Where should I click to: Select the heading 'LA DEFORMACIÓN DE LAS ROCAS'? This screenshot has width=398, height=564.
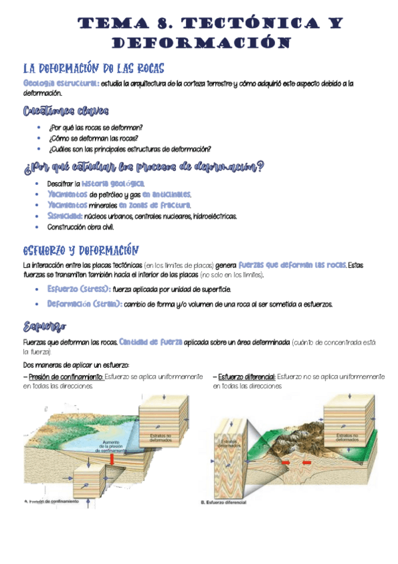(94, 69)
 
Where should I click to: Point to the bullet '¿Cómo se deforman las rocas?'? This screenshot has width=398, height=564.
(93, 138)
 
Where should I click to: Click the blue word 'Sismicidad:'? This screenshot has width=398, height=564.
(64, 216)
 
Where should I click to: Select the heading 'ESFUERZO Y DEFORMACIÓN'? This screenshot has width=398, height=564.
(80, 251)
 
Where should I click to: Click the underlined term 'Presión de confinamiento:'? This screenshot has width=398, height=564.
(64, 376)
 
